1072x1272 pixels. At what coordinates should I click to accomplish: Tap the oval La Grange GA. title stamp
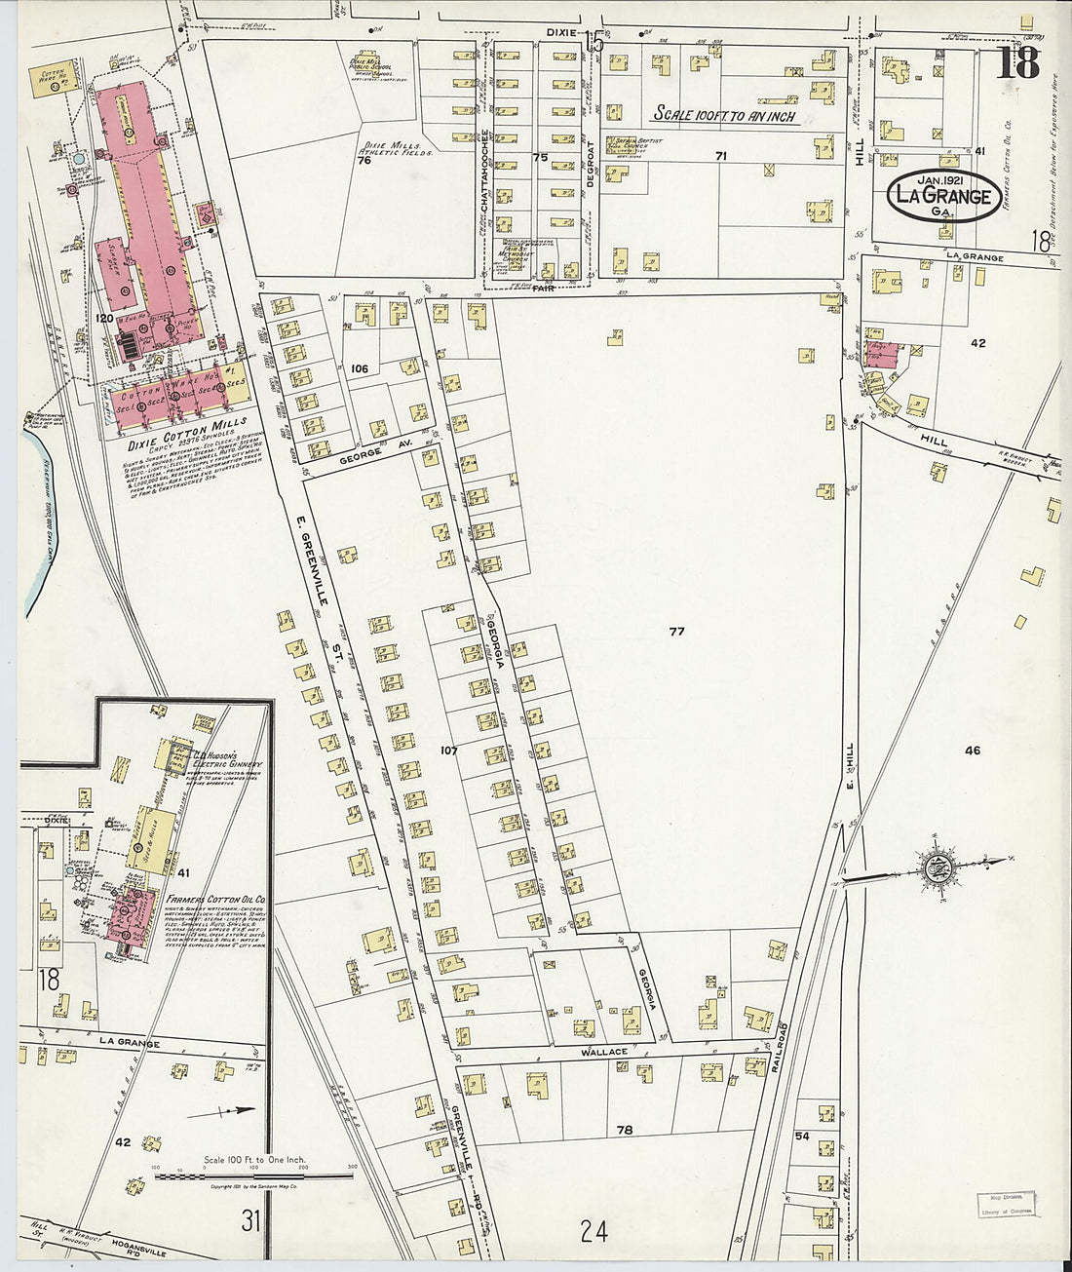[x=942, y=197]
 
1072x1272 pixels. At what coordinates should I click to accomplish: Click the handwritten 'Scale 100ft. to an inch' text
[x=724, y=115]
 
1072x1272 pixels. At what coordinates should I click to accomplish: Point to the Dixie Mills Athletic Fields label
[x=395, y=148]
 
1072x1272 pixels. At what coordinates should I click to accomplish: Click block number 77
[x=676, y=632]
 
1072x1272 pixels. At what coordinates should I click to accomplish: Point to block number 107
[x=448, y=751]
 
